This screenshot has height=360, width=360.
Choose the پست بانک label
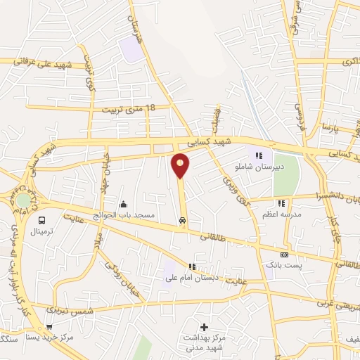click(x=284, y=265)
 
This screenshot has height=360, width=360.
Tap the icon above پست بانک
click(x=284, y=255)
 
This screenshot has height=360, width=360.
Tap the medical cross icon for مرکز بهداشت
click(x=204, y=327)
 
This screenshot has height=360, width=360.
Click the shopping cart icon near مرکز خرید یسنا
click(x=49, y=326)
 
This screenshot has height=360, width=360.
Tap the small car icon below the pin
click(x=183, y=220)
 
